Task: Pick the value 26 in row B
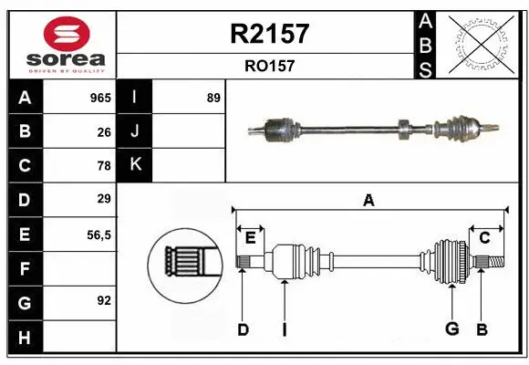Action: pyautogui.click(x=104, y=132)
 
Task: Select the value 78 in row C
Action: pyautogui.click(x=104, y=166)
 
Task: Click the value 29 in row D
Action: pyautogui.click(x=104, y=199)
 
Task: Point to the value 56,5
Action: pyautogui.click(x=99, y=235)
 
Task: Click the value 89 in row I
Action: pyautogui.click(x=213, y=98)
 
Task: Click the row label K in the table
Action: pyautogui.click(x=135, y=165)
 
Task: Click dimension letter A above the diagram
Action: pyautogui.click(x=368, y=200)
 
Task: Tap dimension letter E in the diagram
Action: pyautogui.click(x=250, y=237)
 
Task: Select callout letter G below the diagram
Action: pyautogui.click(x=451, y=328)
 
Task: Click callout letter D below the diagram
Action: pyautogui.click(x=243, y=328)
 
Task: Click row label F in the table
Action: pyautogui.click(x=24, y=268)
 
